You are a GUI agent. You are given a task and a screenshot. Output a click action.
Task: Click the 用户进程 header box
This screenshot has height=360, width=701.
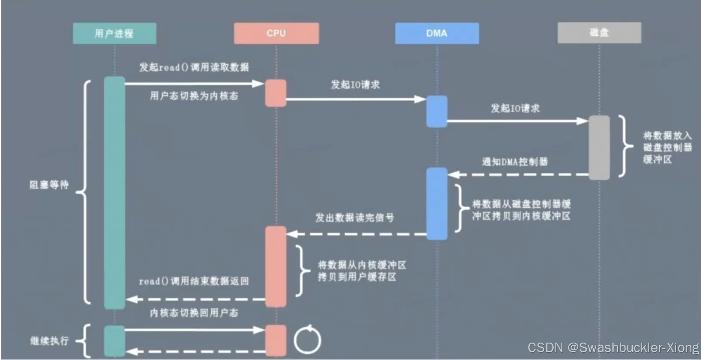pyautogui.click(x=114, y=33)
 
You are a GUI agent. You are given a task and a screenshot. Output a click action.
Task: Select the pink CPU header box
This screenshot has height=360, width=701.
pyautogui.click(x=276, y=33)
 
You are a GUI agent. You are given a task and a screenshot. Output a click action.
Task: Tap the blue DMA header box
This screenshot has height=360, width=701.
pyautogui.click(x=437, y=33)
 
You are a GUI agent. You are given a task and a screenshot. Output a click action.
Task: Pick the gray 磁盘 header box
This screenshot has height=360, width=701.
pyautogui.click(x=599, y=33)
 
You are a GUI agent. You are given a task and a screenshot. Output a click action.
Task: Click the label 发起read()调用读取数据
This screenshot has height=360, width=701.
pyautogui.click(x=194, y=67)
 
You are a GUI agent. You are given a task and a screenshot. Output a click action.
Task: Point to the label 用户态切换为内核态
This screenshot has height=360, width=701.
pyautogui.click(x=194, y=96)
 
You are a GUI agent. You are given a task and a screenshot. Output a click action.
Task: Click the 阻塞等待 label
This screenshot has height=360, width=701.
pyautogui.click(x=49, y=185)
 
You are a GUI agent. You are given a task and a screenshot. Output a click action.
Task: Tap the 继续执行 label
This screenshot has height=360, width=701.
pyautogui.click(x=49, y=341)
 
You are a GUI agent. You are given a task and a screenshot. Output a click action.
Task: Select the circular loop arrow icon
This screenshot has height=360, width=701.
pyautogui.click(x=308, y=340)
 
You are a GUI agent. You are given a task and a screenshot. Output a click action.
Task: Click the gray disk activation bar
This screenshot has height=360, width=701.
pyautogui.click(x=599, y=147)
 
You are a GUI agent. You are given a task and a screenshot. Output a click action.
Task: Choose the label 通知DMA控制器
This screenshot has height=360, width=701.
pyautogui.click(x=515, y=162)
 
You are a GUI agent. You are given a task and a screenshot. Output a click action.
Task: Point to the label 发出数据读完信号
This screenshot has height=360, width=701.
pyautogui.click(x=354, y=218)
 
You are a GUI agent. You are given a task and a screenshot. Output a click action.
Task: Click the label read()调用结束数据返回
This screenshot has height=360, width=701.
pyautogui.click(x=194, y=281)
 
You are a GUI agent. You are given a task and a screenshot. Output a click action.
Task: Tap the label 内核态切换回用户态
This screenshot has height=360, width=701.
pyautogui.click(x=194, y=313)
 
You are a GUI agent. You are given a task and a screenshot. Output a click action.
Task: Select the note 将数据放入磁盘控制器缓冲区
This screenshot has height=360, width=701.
pyautogui.click(x=667, y=148)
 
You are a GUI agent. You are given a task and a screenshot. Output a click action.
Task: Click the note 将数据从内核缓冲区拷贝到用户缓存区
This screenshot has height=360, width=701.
pyautogui.click(x=361, y=271)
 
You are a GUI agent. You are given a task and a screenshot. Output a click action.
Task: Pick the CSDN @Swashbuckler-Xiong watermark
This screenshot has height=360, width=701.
pyautogui.click(x=613, y=347)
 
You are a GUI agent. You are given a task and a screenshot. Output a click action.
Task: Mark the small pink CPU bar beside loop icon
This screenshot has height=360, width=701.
pyautogui.click(x=276, y=340)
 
